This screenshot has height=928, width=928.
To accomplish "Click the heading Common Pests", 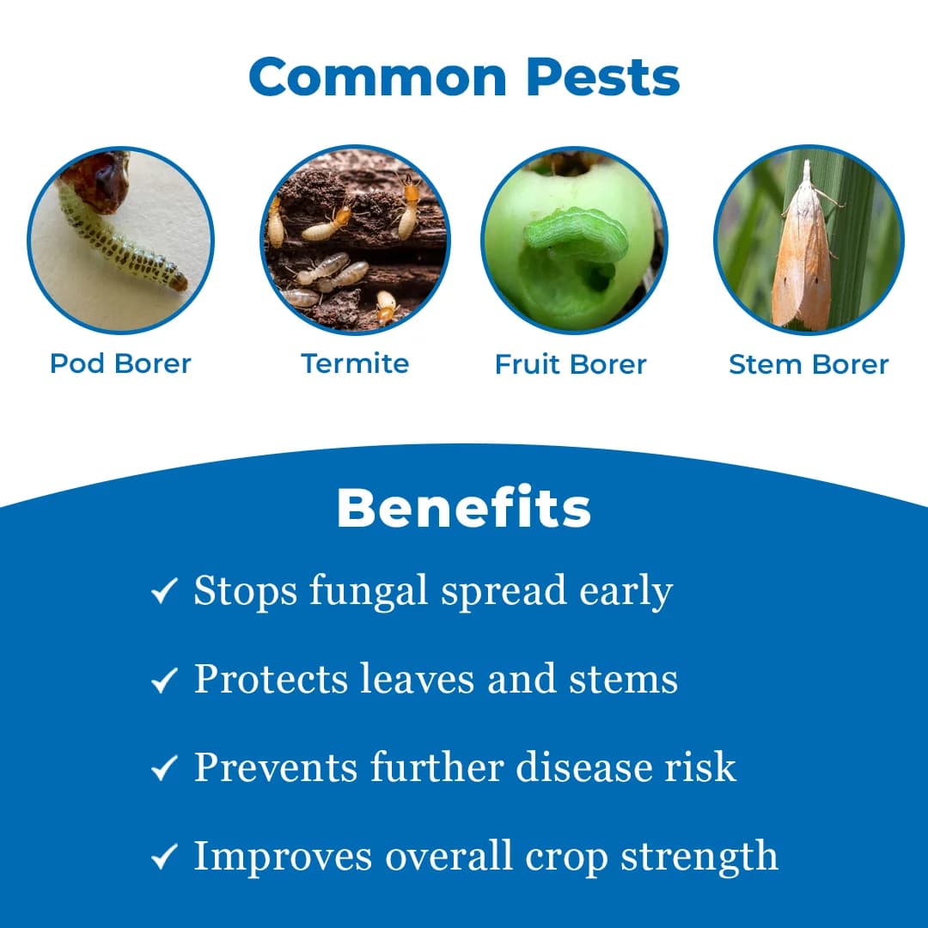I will (464, 76).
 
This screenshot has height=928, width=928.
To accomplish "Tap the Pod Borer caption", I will (120, 363).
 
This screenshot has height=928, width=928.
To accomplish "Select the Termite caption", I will (355, 363).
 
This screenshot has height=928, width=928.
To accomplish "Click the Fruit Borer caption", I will (571, 364).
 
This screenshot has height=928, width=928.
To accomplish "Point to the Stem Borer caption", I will (809, 364).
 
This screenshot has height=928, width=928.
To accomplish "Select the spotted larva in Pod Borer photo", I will (120, 245).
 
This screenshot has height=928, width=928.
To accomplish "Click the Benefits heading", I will (464, 509).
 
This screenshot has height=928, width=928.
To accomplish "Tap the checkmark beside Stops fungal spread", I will (163, 591).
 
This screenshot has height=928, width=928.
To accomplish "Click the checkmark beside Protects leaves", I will (163, 681).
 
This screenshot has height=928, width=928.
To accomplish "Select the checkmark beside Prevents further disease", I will (163, 768).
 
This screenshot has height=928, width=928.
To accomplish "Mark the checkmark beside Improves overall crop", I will (163, 857).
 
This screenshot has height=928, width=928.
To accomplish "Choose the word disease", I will (580, 766).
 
